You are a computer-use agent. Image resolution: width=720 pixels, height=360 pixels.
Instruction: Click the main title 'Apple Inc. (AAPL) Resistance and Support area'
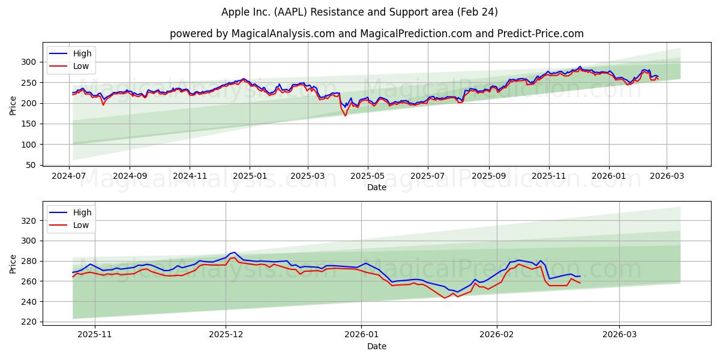359,12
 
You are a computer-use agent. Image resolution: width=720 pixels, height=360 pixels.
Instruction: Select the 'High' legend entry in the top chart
82,53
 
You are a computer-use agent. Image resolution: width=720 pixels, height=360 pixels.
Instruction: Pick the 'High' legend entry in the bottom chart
82,212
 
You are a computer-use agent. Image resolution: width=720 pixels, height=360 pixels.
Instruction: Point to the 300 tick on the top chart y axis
29,62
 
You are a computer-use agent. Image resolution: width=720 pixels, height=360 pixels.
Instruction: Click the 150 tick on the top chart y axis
29,124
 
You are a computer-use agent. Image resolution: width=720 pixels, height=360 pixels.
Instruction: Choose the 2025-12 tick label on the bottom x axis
226,334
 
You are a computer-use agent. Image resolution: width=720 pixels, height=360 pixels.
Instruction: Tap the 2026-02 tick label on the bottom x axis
497,334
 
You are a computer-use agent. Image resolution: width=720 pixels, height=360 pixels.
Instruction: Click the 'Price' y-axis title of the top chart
13,106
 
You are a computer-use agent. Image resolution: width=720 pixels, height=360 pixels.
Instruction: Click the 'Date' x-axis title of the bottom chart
376,346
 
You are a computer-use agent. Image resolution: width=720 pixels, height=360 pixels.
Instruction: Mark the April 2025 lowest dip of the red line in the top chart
345,115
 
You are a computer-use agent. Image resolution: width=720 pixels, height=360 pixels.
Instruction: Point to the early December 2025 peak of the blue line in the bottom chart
234,253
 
